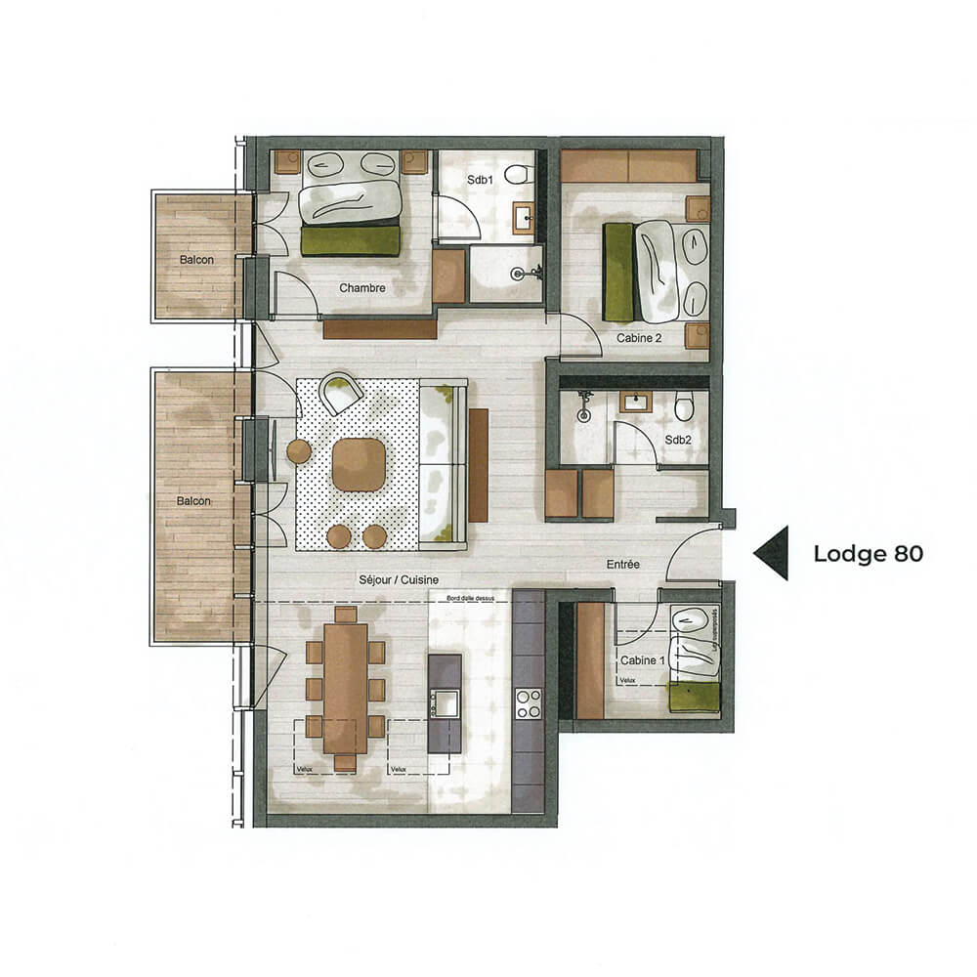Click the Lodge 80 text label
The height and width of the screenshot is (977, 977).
tap(868, 554)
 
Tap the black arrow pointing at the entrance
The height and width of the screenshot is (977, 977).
tap(772, 553)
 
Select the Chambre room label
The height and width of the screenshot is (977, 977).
tap(362, 288)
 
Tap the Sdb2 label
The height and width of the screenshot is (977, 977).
tap(678, 440)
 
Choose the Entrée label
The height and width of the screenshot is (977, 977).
tap(622, 564)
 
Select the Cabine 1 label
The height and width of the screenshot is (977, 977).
tap(639, 660)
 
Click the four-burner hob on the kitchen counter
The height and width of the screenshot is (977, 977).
tap(529, 703)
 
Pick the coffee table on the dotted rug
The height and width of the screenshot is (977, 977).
tap(359, 464)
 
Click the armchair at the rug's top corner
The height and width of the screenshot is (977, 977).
tap(342, 392)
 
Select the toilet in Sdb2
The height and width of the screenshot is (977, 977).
tap(684, 404)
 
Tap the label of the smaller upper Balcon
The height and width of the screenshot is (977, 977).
tap(195, 260)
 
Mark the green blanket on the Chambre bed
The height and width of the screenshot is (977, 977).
tap(351, 240)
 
